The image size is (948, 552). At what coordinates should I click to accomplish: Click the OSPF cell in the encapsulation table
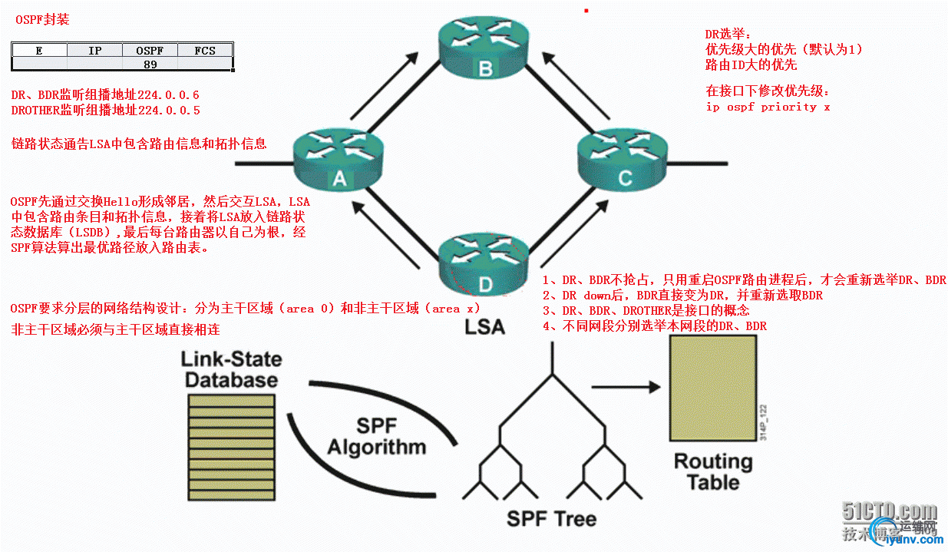click(x=150, y=51)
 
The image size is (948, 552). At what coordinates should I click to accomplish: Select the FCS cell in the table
click(x=205, y=51)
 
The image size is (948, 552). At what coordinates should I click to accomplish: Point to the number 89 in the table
click(x=150, y=64)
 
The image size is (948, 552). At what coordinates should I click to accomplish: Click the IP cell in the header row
click(x=94, y=51)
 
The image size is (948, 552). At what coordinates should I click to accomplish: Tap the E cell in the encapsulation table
click(x=39, y=51)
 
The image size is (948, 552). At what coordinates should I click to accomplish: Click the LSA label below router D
click(x=485, y=327)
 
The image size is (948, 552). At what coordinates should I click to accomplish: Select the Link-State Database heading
click(x=231, y=369)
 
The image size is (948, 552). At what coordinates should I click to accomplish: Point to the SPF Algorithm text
click(x=376, y=437)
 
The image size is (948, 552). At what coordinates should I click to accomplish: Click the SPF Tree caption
click(x=551, y=519)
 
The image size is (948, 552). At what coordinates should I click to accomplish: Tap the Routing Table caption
click(x=713, y=472)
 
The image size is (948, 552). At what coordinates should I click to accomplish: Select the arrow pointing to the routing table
click(x=626, y=387)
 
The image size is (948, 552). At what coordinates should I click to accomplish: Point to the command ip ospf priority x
click(x=768, y=107)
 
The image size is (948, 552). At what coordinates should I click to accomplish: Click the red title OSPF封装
click(x=42, y=20)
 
